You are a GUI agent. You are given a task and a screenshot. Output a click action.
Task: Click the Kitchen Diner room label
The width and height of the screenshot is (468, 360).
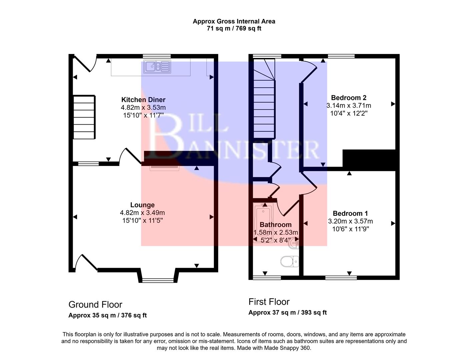[x=143, y=100]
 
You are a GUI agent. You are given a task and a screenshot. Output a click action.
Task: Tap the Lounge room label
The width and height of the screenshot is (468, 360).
[x=142, y=205]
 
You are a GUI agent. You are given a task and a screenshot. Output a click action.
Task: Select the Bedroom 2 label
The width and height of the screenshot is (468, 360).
[x=349, y=98]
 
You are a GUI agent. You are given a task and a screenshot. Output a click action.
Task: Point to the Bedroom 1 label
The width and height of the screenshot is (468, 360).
[x=350, y=213]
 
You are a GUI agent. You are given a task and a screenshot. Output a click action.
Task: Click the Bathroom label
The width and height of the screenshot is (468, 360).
[x=276, y=225]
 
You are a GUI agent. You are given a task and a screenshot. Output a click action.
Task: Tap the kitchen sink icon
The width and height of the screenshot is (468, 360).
[x=157, y=66]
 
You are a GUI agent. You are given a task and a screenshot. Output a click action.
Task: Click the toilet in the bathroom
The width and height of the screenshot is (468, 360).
[x=289, y=261]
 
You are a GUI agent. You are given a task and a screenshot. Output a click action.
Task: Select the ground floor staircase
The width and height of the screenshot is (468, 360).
[x=84, y=117]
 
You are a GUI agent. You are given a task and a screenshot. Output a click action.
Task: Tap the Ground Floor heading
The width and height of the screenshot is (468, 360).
[x=95, y=305]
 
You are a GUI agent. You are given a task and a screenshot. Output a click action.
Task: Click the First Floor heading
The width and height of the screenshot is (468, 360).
[x=269, y=302]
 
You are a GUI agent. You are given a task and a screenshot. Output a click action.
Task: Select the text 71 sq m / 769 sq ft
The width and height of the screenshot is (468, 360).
[x=234, y=28]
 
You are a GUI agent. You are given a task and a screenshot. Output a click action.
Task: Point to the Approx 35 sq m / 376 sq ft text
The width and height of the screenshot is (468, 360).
[x=107, y=315]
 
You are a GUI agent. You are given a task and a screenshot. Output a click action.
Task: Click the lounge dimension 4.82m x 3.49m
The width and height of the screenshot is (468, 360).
[x=142, y=213]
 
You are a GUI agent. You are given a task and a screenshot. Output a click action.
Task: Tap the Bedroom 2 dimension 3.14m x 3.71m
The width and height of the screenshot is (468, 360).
[x=349, y=106]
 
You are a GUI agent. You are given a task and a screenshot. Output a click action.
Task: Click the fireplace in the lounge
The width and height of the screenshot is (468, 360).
[x=165, y=168]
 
